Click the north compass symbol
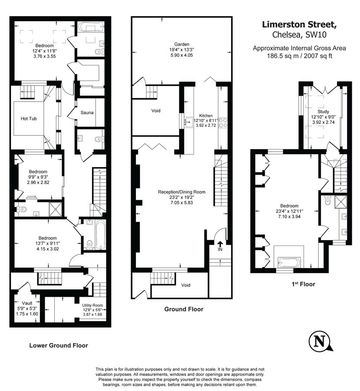[x=320, y=341]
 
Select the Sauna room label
[x=87, y=113]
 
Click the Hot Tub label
[x=29, y=118]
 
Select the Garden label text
[x=182, y=44]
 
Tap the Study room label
[x=320, y=111]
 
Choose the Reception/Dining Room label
[x=182, y=192]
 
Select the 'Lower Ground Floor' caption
[x=58, y=346]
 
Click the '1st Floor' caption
[x=304, y=284]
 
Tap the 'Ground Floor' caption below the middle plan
[x=183, y=309]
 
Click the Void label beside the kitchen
[x=156, y=111]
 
